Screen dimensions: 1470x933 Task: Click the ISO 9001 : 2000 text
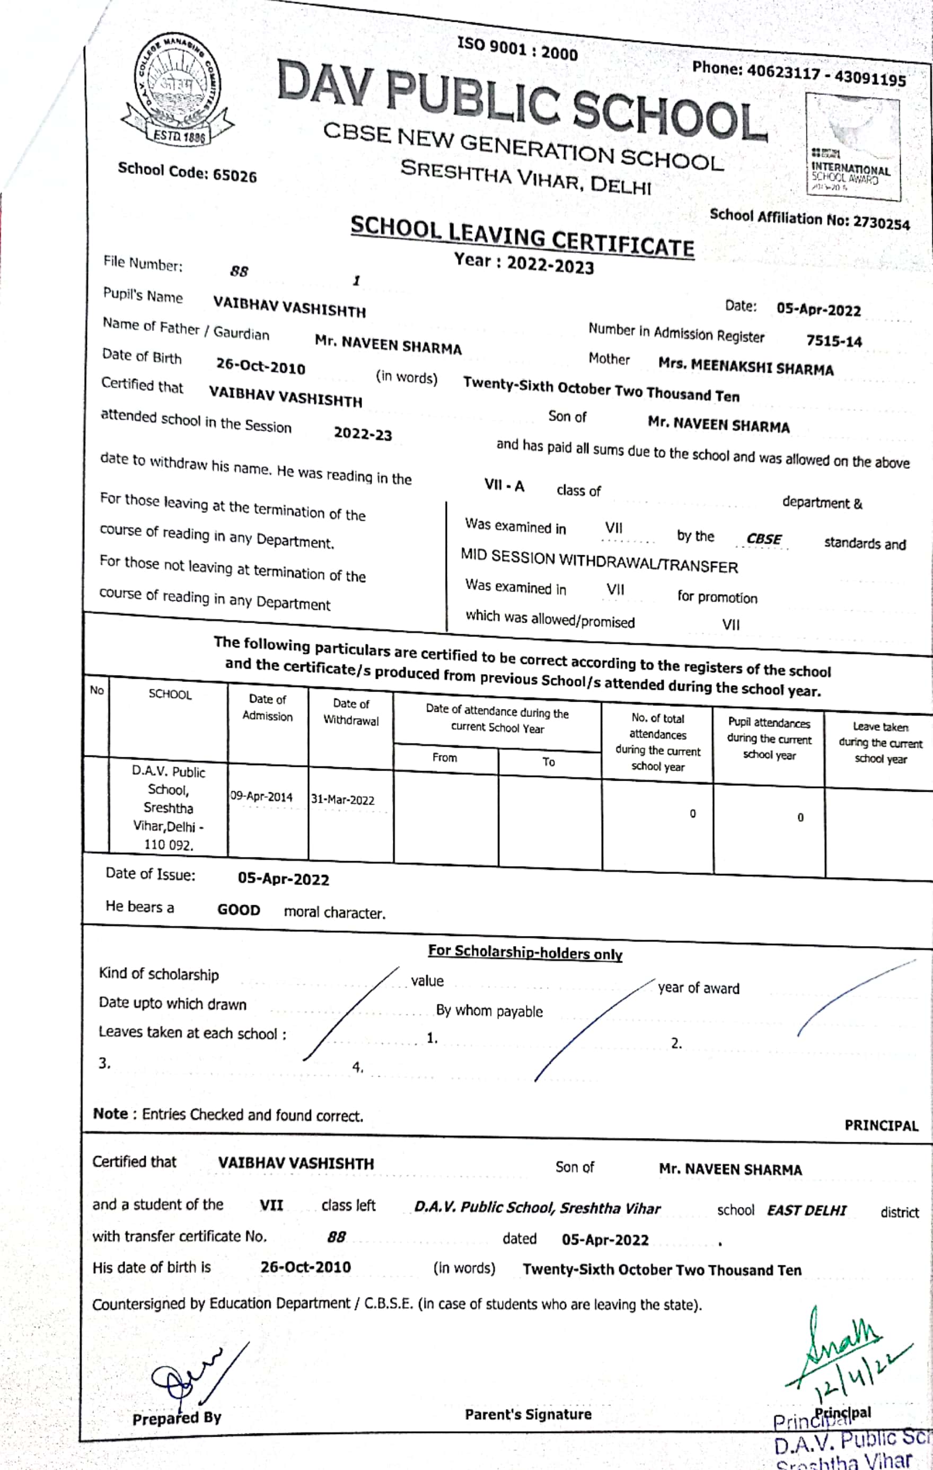click(517, 48)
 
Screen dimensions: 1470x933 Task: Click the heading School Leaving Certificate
click(522, 237)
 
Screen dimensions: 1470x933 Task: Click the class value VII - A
click(504, 485)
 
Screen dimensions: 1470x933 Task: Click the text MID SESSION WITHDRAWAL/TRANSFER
click(598, 562)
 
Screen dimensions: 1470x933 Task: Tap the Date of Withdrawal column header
click(351, 712)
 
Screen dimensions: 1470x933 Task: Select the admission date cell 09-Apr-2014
click(261, 797)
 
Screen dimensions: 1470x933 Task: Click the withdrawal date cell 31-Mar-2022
click(342, 800)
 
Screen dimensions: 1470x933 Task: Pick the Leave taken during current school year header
click(880, 742)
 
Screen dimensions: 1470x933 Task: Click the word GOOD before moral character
click(239, 909)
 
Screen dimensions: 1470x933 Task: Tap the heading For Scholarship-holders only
click(525, 952)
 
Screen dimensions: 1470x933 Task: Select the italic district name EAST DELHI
click(806, 1210)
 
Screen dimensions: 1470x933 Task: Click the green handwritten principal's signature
click(845, 1349)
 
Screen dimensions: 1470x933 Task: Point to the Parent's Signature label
click(528, 1414)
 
